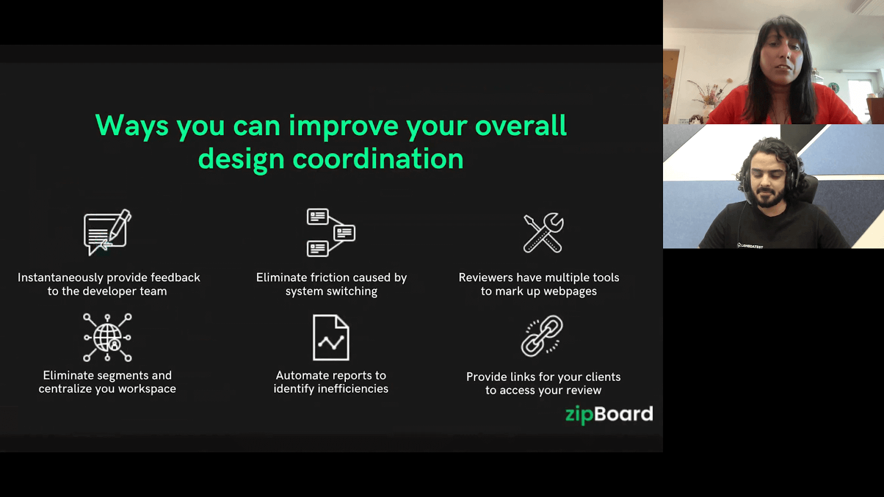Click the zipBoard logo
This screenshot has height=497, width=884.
[x=609, y=414]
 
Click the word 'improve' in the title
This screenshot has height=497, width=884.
[x=343, y=126]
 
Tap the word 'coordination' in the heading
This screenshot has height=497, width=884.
[x=377, y=159]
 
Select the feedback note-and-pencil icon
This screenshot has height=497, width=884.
[x=107, y=232]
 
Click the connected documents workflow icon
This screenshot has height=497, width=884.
[x=330, y=232]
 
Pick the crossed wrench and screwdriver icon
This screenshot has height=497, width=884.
[x=543, y=232]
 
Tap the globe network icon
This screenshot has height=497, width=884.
[x=107, y=337]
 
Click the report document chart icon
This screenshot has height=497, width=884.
[x=330, y=337]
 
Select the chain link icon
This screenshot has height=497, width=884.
[x=542, y=336]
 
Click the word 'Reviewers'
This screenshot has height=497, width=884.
[x=486, y=278]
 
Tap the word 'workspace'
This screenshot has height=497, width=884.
[x=147, y=389]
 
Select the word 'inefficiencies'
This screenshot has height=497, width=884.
[x=353, y=389]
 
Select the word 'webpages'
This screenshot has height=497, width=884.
[x=570, y=292]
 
